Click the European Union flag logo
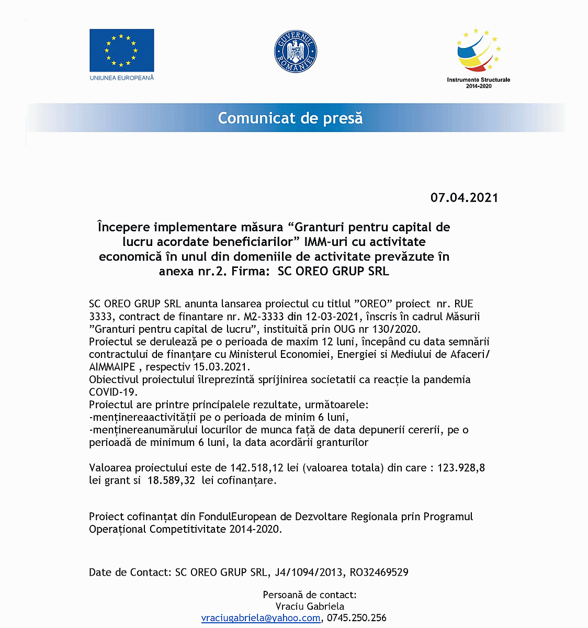point(121,50)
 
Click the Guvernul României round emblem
point(296,52)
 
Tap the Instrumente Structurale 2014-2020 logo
point(478,58)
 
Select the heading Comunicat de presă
point(290,118)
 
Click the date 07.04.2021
point(464,198)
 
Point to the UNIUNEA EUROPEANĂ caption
point(122,78)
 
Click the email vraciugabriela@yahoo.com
point(261,618)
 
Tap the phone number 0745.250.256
point(357,618)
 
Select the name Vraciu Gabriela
point(310,607)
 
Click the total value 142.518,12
point(257,468)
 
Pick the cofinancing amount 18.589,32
point(171,480)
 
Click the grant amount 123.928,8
point(461,468)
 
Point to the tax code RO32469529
point(379,573)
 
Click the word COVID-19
point(113,392)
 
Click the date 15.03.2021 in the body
point(222,367)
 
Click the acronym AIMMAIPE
point(112,367)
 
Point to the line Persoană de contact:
point(310,595)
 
